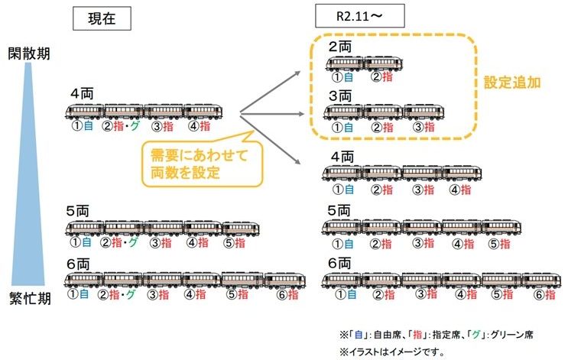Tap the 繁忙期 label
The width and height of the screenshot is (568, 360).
(x=29, y=297)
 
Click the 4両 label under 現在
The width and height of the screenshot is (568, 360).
(x=82, y=94)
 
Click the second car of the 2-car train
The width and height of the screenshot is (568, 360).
(x=381, y=63)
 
